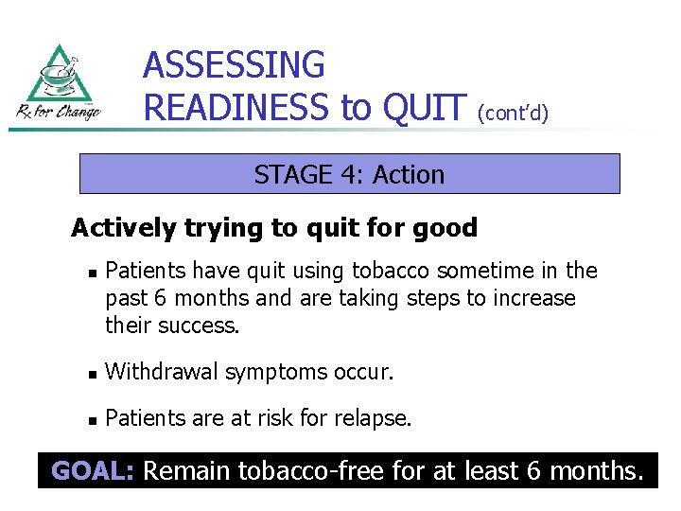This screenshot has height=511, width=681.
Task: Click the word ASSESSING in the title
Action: coord(234,65)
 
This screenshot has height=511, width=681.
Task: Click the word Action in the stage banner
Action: coord(409,175)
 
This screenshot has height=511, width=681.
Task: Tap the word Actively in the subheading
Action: coord(123,228)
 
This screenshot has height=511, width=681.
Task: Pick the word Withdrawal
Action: coord(161,372)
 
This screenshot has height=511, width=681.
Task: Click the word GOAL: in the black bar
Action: coord(92,469)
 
